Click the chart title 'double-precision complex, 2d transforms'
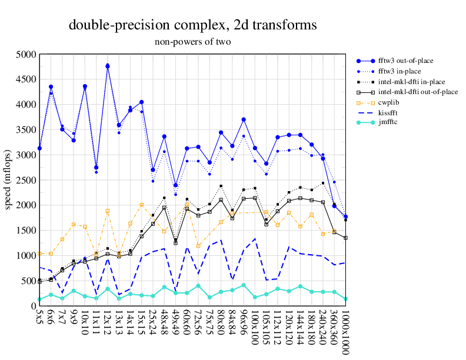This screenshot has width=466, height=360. click(x=193, y=25)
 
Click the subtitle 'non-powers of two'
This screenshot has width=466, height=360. click(x=193, y=42)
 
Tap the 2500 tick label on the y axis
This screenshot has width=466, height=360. click(x=26, y=180)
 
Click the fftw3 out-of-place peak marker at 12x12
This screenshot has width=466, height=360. click(x=108, y=66)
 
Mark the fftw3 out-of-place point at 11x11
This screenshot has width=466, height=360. click(x=96, y=168)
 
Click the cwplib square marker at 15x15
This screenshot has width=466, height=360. click(x=142, y=205)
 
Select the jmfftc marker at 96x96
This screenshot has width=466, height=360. click(x=244, y=285)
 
